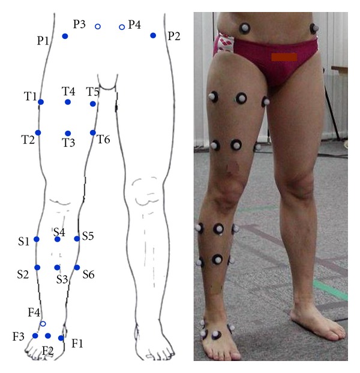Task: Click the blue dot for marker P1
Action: click(65, 37)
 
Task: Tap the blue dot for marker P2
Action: click(153, 36)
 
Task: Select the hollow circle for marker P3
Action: click(98, 26)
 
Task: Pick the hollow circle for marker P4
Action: click(121, 27)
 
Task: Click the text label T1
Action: click(31, 96)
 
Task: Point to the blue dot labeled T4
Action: click(68, 103)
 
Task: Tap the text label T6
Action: click(103, 139)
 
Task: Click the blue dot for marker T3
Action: click(68, 133)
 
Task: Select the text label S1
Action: click(23, 242)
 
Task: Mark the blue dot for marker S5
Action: click(77, 239)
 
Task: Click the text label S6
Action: click(88, 275)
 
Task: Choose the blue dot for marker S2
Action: click(37, 267)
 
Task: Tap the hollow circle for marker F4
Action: click(43, 324)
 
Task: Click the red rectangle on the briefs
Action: click(284, 57)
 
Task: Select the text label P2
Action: click(174, 36)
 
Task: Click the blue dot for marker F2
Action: click(48, 336)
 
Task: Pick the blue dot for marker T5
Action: click(92, 104)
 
